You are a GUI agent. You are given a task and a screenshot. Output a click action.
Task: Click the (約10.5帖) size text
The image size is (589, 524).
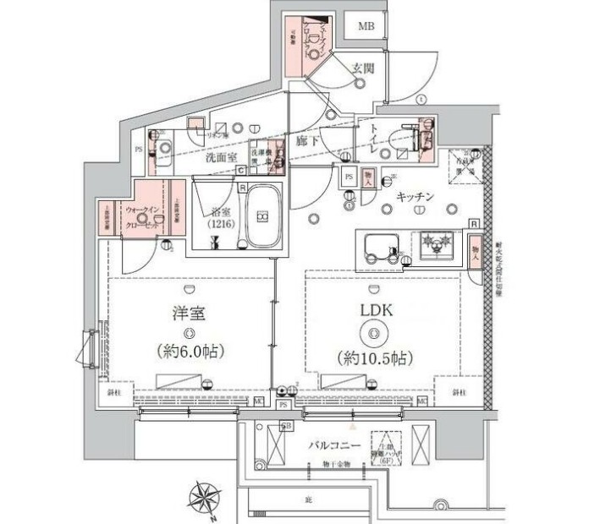(x=372, y=358)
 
